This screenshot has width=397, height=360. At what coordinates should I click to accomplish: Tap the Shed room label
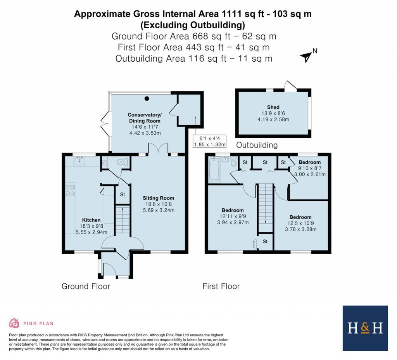[x=273, y=107]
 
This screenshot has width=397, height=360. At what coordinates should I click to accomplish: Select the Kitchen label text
[x=91, y=220]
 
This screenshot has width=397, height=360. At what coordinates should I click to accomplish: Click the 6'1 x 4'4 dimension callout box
[x=209, y=141]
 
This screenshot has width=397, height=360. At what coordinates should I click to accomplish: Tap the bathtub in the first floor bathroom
[x=214, y=170]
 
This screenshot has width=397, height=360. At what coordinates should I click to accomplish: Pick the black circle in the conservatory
[x=147, y=98]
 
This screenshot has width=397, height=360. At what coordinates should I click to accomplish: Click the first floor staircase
[x=266, y=203]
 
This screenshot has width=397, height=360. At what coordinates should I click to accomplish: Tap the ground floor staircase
[x=122, y=219]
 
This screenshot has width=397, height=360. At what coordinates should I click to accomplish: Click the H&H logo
[x=365, y=328]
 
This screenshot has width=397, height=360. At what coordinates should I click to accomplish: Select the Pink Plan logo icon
[x=14, y=323]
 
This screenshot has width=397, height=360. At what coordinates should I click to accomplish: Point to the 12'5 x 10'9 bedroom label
[x=300, y=223]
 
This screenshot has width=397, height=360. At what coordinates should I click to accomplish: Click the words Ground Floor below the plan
[x=86, y=286]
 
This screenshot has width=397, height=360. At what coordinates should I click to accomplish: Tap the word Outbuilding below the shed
[x=257, y=145]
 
